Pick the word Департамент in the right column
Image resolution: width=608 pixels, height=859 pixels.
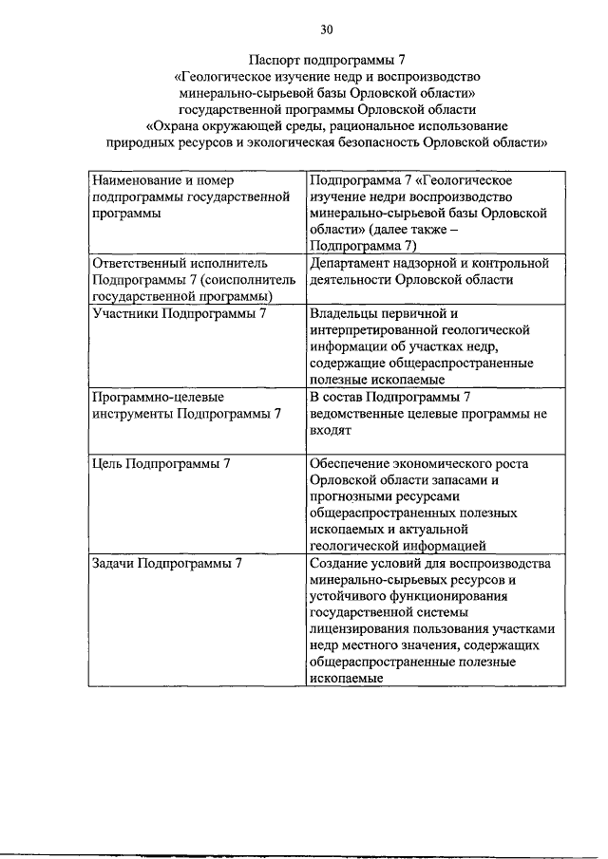[x=351, y=262]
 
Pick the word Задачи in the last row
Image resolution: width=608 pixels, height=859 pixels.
[x=113, y=563]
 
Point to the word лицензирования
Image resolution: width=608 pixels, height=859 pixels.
[x=362, y=628]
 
